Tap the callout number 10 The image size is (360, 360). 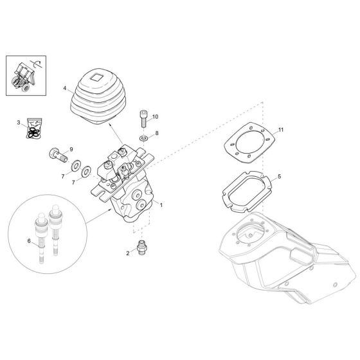(x=154, y=117)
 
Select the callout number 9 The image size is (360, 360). (x=71, y=149)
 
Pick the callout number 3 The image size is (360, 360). (x=19, y=122)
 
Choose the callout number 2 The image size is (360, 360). (x=128, y=253)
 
